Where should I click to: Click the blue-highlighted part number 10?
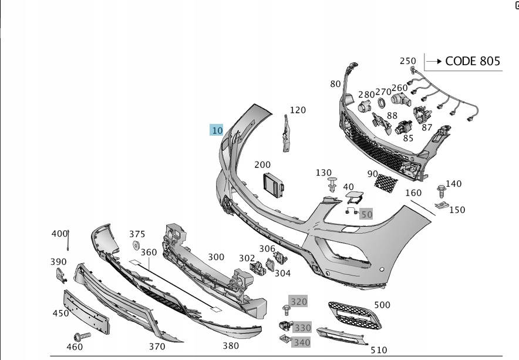217,130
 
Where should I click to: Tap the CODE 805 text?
473,61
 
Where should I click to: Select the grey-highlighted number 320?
299,302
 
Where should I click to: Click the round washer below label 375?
136,245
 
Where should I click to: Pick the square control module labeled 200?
272,185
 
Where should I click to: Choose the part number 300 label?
216,257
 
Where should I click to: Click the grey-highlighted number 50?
366,214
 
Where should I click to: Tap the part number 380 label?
231,346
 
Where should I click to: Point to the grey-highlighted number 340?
302,342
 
